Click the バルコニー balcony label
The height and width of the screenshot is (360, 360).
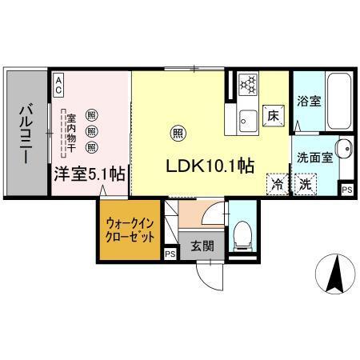click(x=26, y=134)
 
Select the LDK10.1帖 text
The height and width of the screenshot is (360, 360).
click(x=210, y=166)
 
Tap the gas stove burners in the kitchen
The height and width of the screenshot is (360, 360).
click(x=249, y=82)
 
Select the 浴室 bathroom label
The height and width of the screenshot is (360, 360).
click(x=309, y=102)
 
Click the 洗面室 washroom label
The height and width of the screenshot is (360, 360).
click(x=310, y=158)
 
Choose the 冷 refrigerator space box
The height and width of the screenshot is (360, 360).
click(x=278, y=183)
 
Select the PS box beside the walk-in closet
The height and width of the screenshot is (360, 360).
click(x=169, y=254)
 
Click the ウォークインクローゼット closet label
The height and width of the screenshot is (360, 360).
click(x=130, y=231)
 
